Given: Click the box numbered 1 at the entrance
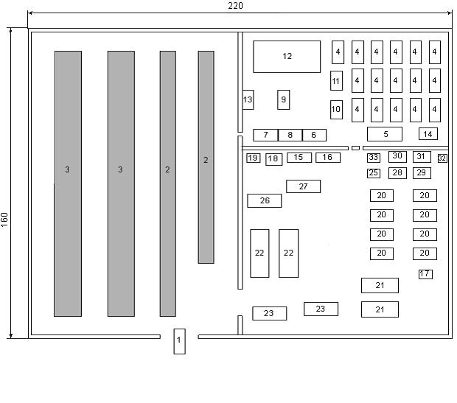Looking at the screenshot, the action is (x=179, y=340).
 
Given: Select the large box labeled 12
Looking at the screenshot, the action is (x=287, y=57).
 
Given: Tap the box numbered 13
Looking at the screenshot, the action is (x=248, y=99).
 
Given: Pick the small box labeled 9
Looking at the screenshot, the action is (x=284, y=99).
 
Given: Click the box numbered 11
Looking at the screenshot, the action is (x=336, y=81).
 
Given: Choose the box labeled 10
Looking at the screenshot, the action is (x=336, y=109).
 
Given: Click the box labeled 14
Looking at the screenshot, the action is (x=428, y=133).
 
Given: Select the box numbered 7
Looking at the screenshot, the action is (x=265, y=136).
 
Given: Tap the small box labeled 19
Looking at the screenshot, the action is (x=254, y=158).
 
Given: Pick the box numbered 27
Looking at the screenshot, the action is (x=303, y=186).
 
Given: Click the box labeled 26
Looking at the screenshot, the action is (x=265, y=200).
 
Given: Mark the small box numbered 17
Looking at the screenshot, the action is (x=425, y=274).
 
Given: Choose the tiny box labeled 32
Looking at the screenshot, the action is (x=442, y=158).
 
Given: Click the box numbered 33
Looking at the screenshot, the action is (x=374, y=158).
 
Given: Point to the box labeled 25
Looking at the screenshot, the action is (x=374, y=173).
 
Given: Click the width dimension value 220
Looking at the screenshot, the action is (x=235, y=6).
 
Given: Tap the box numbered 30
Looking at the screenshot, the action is (x=397, y=156).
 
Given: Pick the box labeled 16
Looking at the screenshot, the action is (x=328, y=158).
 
